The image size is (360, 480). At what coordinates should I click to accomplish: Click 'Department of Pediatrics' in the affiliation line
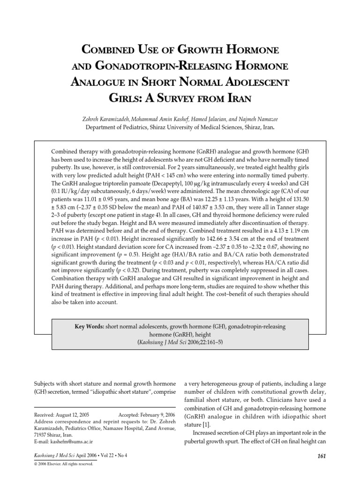[x=118, y=127]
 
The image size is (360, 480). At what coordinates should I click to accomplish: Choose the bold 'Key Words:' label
[x=89, y=325]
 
